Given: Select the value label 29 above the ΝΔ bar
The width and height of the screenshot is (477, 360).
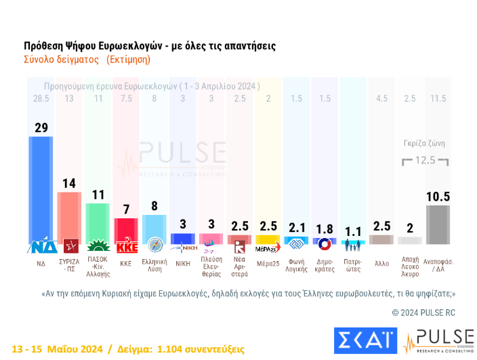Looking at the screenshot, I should [41, 127].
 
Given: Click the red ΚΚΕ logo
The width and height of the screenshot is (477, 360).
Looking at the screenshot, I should [125, 245].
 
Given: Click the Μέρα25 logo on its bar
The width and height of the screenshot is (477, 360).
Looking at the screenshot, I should [268, 247].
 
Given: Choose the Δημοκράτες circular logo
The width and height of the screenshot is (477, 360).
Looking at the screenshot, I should [325, 245].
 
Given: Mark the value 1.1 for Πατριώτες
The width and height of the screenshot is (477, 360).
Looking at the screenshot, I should [352, 231].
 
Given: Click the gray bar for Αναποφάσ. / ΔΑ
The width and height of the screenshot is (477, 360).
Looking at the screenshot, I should [438, 224].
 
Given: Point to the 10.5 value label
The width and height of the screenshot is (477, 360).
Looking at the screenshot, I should [438, 197].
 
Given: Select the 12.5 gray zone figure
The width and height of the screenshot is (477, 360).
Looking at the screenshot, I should [426, 161].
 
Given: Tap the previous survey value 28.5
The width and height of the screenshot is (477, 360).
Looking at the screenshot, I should [41, 99].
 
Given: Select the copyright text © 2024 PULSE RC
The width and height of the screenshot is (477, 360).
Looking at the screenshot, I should [423, 313].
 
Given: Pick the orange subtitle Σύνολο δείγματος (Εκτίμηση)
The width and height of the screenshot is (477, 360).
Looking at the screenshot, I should [87, 59].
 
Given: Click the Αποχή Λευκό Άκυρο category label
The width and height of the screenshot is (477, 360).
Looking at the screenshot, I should [410, 266].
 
